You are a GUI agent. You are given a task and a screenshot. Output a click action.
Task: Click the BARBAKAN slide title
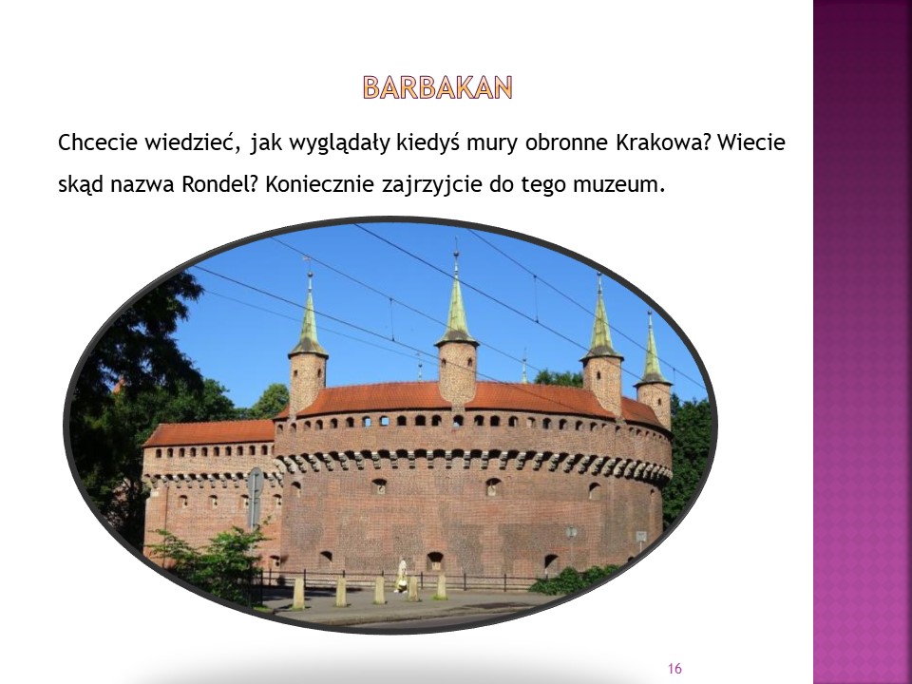click(437, 87)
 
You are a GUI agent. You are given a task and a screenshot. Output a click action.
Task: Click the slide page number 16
click(674, 668)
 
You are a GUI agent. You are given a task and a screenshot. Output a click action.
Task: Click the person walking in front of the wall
click(401, 576)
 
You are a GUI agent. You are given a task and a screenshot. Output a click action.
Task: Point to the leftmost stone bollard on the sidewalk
click(298, 593)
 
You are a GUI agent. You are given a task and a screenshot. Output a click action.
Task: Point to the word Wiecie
click(751, 142)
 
